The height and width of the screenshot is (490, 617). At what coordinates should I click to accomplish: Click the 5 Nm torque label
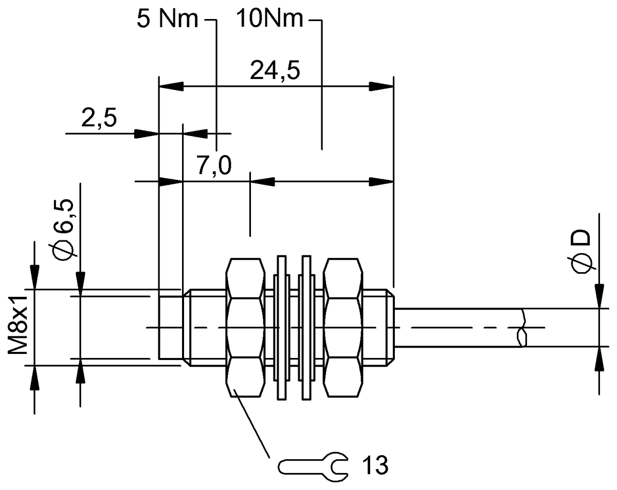[167, 19]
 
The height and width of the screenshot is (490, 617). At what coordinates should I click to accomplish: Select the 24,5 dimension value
[275, 71]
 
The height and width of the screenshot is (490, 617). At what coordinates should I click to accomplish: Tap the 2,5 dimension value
[99, 119]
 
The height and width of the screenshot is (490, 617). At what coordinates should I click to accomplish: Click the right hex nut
[343, 328]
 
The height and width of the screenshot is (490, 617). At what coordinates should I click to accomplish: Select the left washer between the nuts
[280, 328]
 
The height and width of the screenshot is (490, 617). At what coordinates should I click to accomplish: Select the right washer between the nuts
[306, 328]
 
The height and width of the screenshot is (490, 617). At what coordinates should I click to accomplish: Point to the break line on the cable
[521, 328]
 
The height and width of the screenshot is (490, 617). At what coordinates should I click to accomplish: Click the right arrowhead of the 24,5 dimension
[381, 86]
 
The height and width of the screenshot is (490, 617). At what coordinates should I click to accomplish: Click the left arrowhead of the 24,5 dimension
[171, 86]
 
